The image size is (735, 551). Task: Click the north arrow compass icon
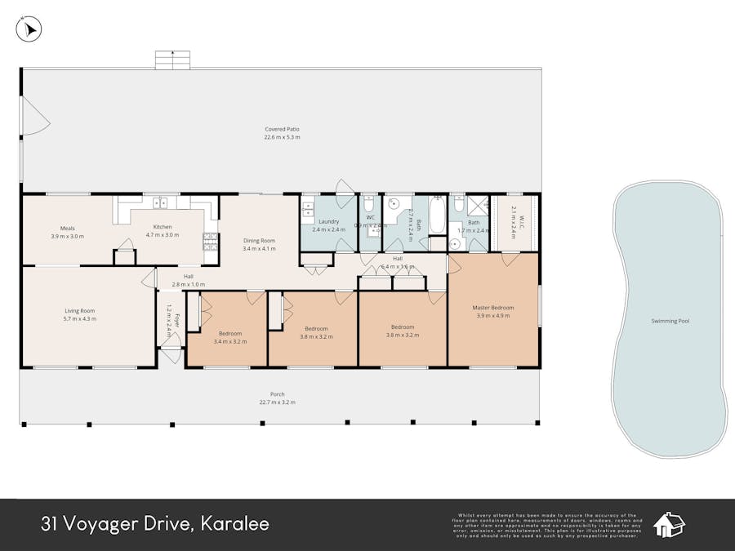(x=29, y=29)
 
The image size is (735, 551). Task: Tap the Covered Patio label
(x=282, y=129)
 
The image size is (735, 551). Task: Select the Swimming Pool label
(x=670, y=321)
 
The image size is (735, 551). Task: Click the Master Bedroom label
(x=492, y=308)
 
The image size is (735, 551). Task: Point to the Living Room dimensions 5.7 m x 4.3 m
(x=80, y=318)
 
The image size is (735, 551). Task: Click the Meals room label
(x=67, y=228)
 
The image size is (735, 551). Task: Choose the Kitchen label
(x=162, y=227)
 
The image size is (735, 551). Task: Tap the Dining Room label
(x=259, y=241)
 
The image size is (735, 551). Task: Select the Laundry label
(x=328, y=221)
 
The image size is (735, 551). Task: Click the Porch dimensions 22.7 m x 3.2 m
(x=277, y=402)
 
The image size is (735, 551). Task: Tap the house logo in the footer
(x=669, y=525)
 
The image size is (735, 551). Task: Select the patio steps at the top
(x=172, y=60)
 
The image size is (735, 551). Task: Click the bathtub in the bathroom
(x=437, y=216)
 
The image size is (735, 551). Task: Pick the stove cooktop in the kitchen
(x=210, y=241)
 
